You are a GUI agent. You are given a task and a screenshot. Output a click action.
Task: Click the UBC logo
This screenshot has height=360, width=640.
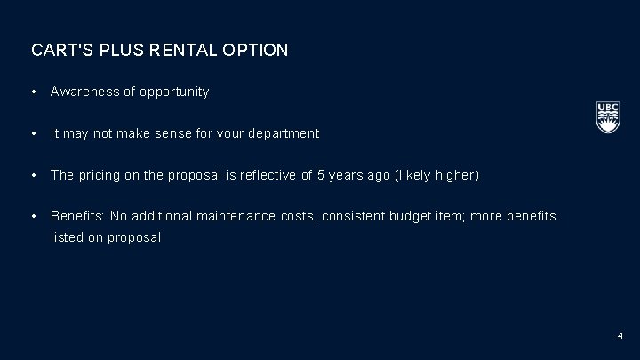point(607,117)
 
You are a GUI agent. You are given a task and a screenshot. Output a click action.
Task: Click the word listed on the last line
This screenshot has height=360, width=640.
point(68,238)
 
